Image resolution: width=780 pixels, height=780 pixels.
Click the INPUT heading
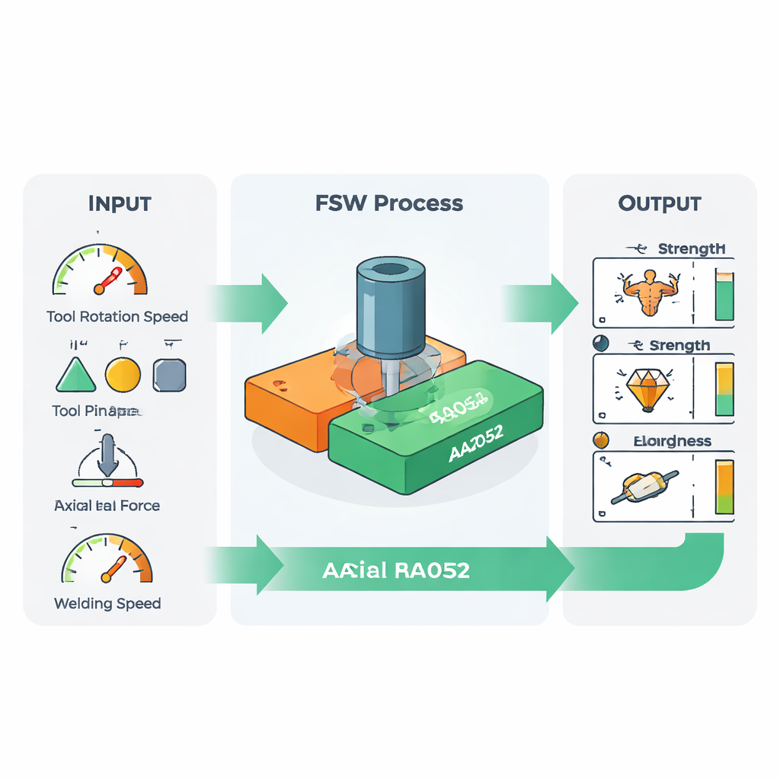120,204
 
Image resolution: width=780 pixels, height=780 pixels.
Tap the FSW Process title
389,203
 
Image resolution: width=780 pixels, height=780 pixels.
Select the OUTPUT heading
660,204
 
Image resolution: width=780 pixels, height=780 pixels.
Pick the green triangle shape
76,376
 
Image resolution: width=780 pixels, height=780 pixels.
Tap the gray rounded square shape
169,375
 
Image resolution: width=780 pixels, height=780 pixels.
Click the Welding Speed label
107,604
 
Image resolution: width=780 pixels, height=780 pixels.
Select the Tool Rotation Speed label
117,316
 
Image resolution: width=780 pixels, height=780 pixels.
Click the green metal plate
434,434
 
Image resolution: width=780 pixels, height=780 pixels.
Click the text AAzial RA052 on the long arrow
396,571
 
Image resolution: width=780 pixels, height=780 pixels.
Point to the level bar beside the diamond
724,388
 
